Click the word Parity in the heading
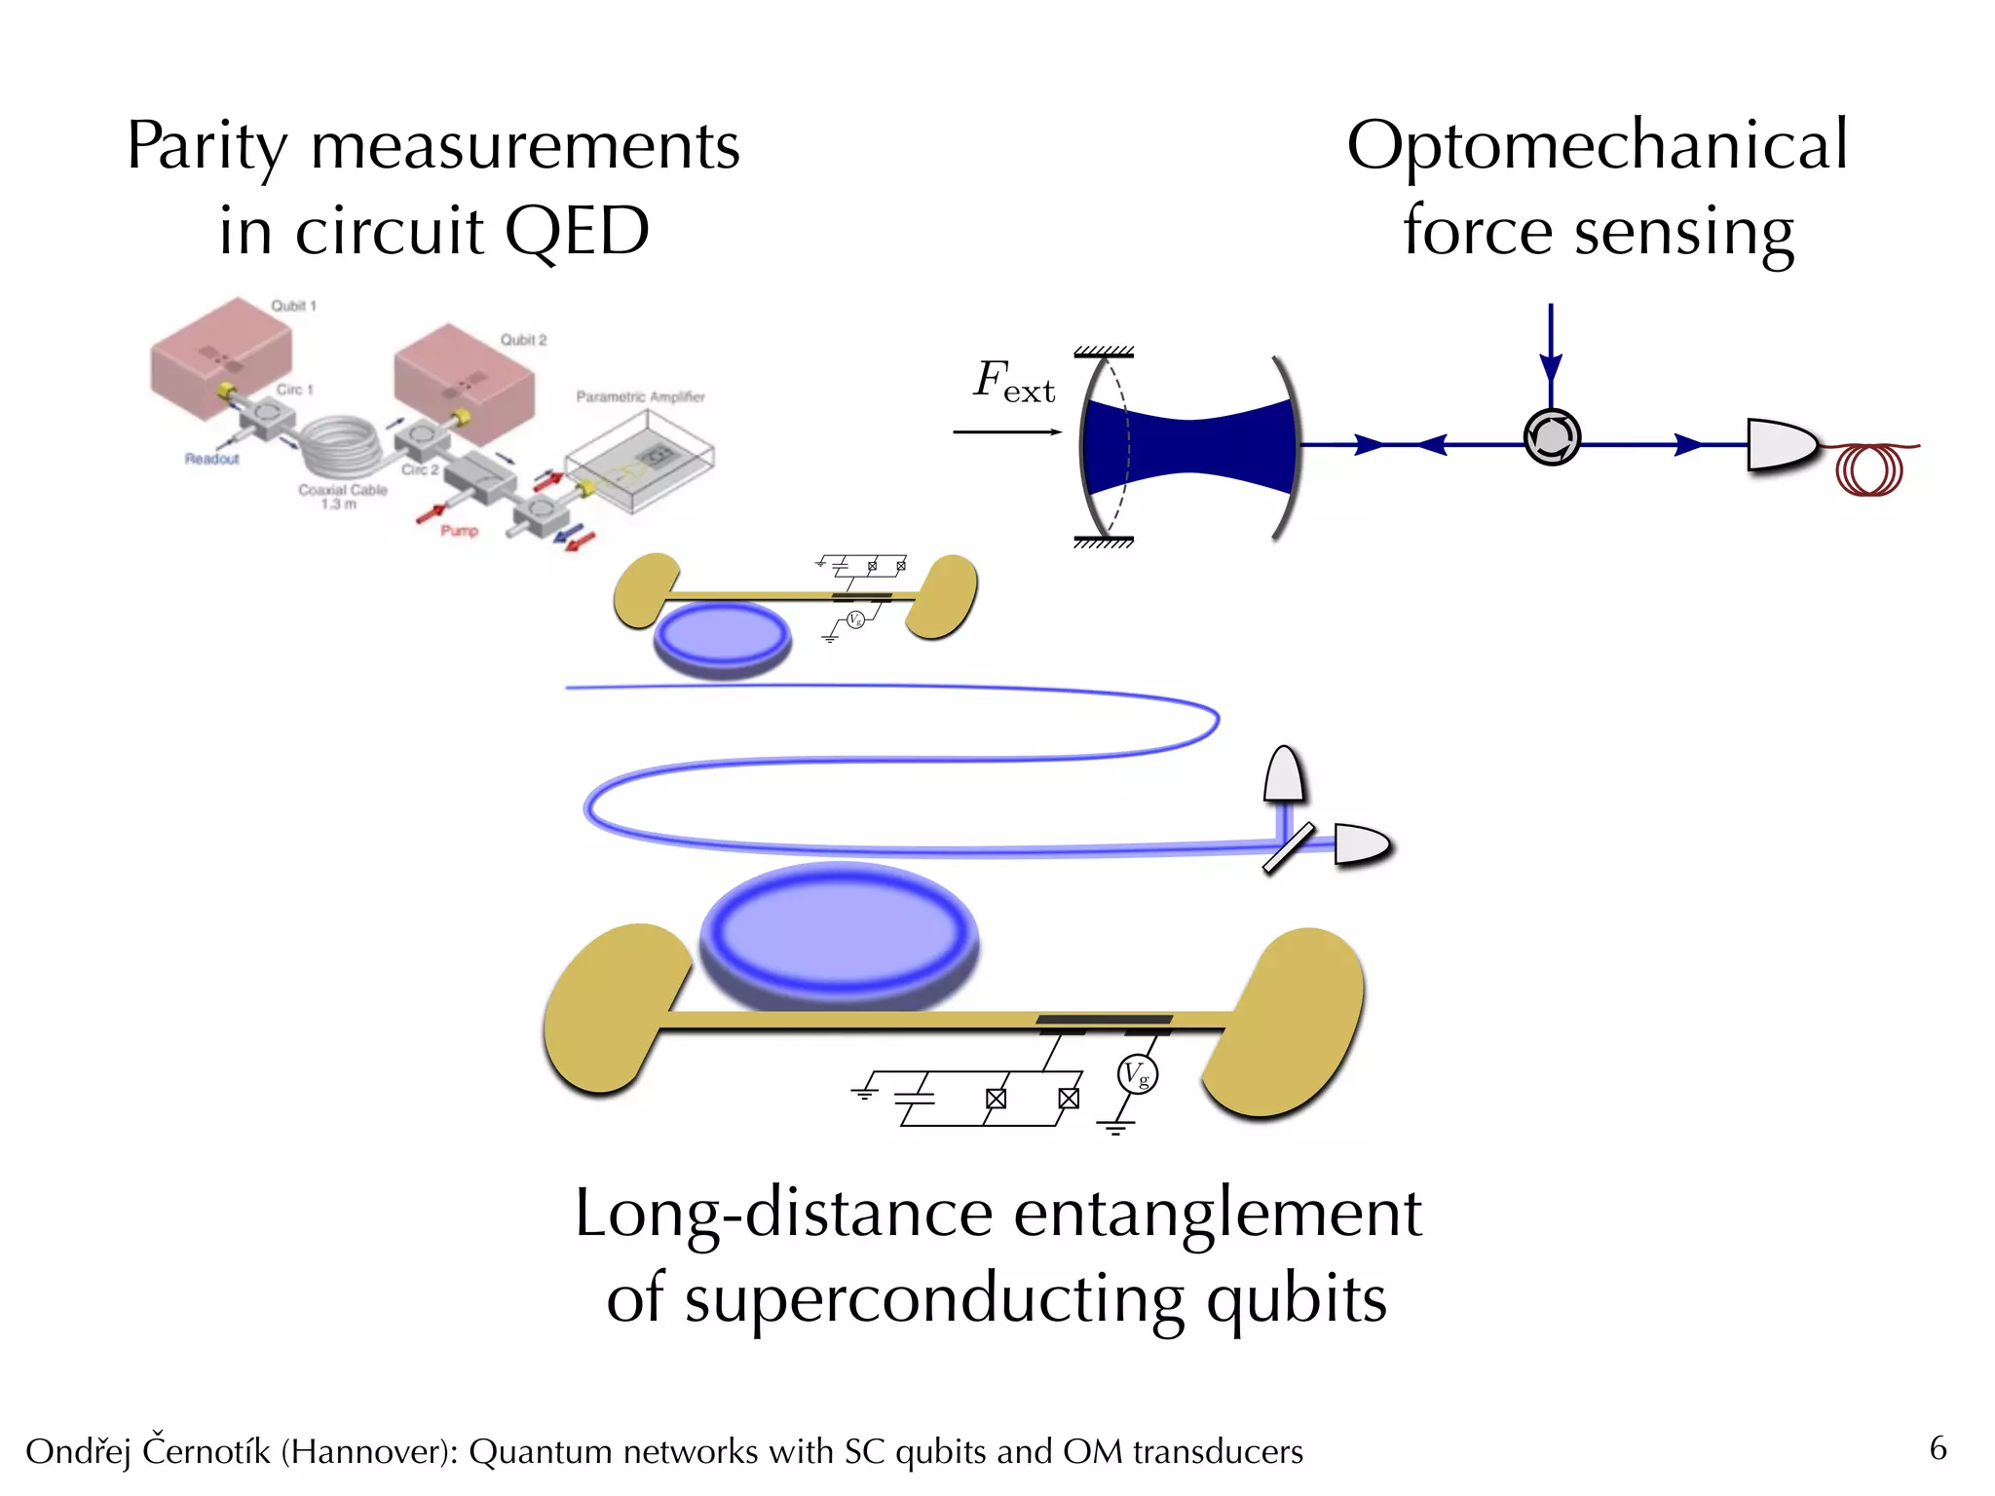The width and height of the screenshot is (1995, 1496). click(x=207, y=148)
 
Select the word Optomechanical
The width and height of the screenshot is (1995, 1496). click(x=1597, y=146)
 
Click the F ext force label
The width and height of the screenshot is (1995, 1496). click(x=1013, y=381)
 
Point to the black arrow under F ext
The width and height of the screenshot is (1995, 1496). click(x=1006, y=431)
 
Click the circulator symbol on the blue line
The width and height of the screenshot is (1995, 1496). click(x=1551, y=437)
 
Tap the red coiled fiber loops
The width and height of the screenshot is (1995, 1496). click(x=1869, y=468)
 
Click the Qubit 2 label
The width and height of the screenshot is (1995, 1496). click(x=523, y=340)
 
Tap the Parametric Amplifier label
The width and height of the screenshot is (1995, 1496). click(x=640, y=396)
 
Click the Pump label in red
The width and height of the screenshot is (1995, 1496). click(x=459, y=531)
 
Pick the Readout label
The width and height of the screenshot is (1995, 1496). click(x=211, y=459)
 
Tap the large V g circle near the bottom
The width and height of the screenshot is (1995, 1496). click(x=1137, y=1074)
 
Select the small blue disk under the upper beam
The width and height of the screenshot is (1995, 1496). click(x=722, y=636)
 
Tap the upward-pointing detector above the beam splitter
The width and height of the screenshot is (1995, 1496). click(x=1284, y=775)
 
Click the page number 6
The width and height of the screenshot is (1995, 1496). click(x=1938, y=1448)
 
